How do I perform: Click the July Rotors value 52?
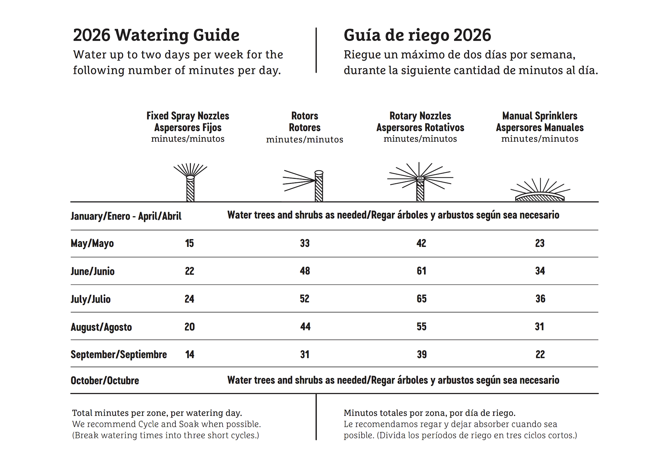pos(304,299)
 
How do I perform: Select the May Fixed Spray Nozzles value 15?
pos(189,243)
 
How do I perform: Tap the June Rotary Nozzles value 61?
pos(421,271)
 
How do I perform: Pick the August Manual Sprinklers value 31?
pos(539,326)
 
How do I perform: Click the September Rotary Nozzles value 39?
pos(422,354)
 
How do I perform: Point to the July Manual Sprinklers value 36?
pos(540,299)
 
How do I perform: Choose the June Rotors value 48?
pos(305,271)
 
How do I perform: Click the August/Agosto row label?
pos(101,327)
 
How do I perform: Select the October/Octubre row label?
pos(105,380)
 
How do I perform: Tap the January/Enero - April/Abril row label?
pos(126,216)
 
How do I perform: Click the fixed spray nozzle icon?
pos(190,182)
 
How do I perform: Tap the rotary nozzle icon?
pos(420,182)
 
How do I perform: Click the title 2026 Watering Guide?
pos(156,35)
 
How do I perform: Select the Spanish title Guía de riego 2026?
pos(417,35)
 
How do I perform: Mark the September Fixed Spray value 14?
pos(189,354)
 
